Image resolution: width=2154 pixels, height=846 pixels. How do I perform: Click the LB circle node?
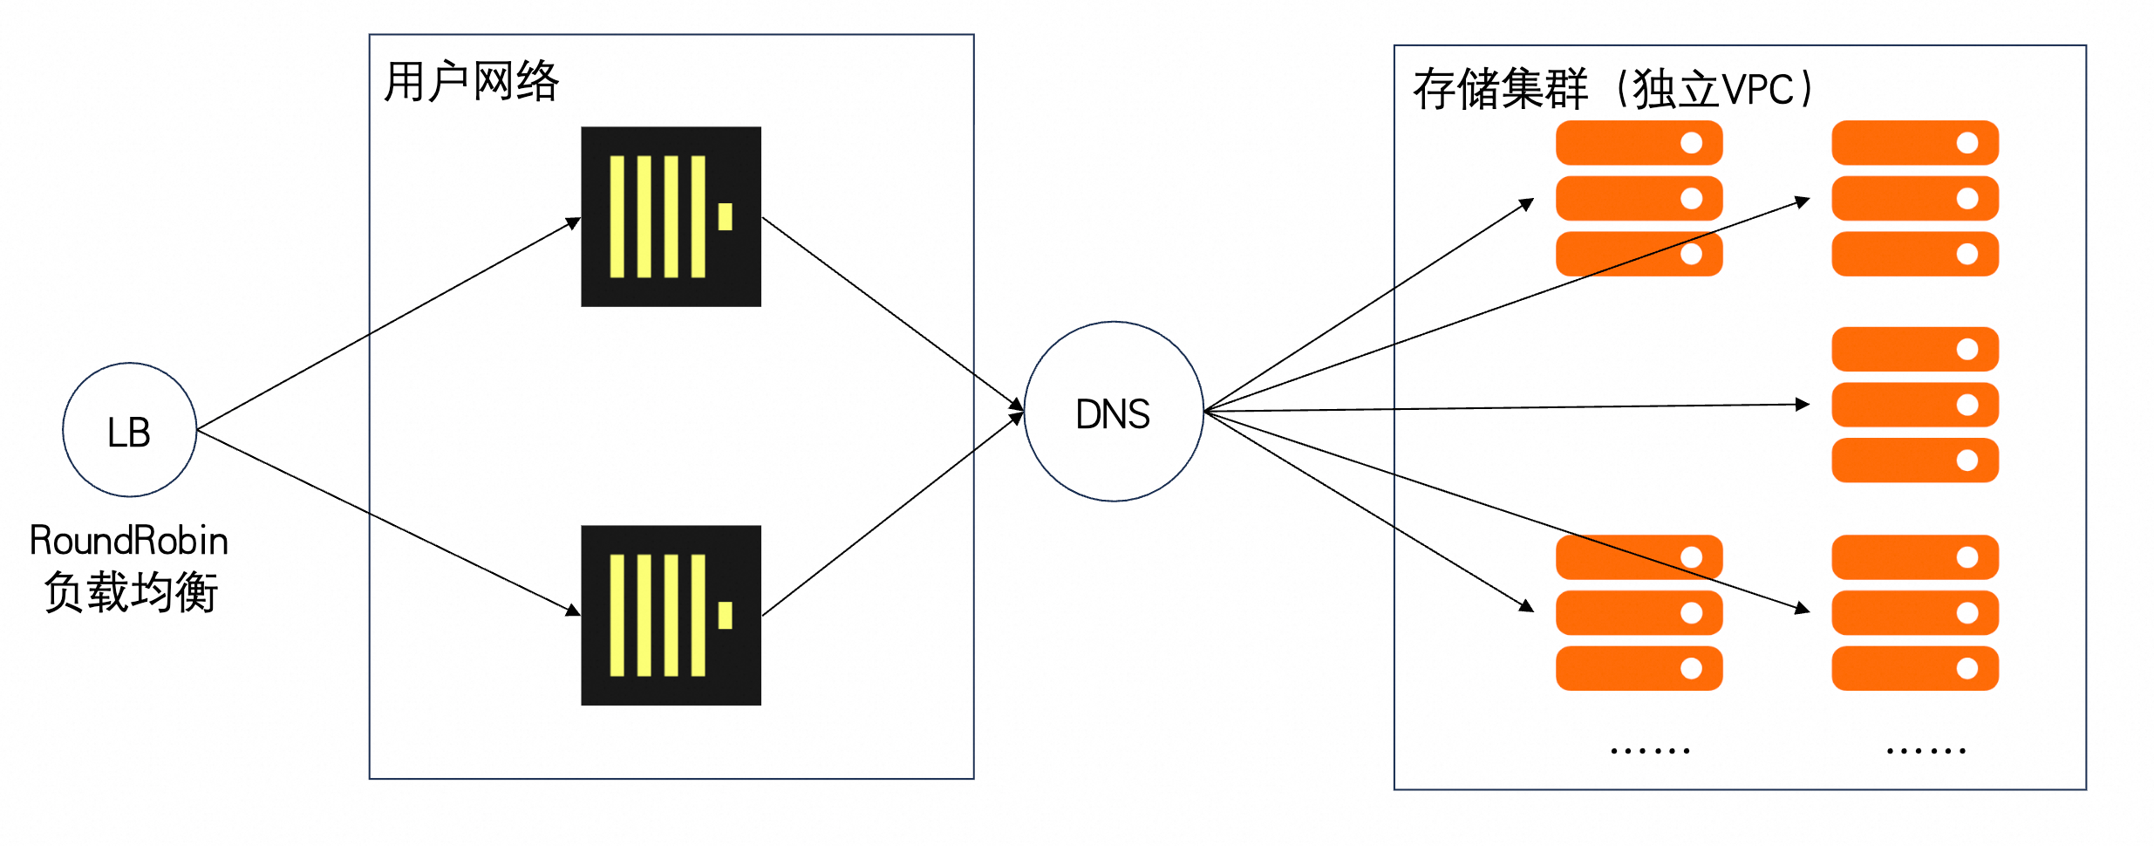click(x=129, y=430)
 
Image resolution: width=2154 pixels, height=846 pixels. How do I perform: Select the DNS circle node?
click(x=1114, y=412)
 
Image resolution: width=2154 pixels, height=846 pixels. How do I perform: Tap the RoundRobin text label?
click(x=129, y=541)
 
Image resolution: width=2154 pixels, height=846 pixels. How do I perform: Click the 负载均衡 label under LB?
click(x=131, y=593)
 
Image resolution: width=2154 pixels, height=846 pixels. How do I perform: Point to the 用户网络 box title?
click(x=471, y=82)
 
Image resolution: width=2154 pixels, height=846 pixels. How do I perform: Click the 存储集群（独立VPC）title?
click(x=1613, y=89)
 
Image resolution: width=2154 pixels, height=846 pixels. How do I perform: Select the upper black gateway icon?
click(x=671, y=216)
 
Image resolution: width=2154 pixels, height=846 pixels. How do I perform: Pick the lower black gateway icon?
click(x=671, y=615)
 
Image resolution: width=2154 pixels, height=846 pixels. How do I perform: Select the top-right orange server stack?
click(x=1915, y=198)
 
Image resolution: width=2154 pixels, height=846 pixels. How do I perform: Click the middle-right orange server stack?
click(x=1915, y=405)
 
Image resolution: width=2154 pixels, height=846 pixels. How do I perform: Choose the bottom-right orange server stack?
click(x=1915, y=612)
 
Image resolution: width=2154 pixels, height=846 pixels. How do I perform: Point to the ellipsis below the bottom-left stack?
click(x=1650, y=750)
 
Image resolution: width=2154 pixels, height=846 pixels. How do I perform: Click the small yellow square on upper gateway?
click(x=725, y=216)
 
